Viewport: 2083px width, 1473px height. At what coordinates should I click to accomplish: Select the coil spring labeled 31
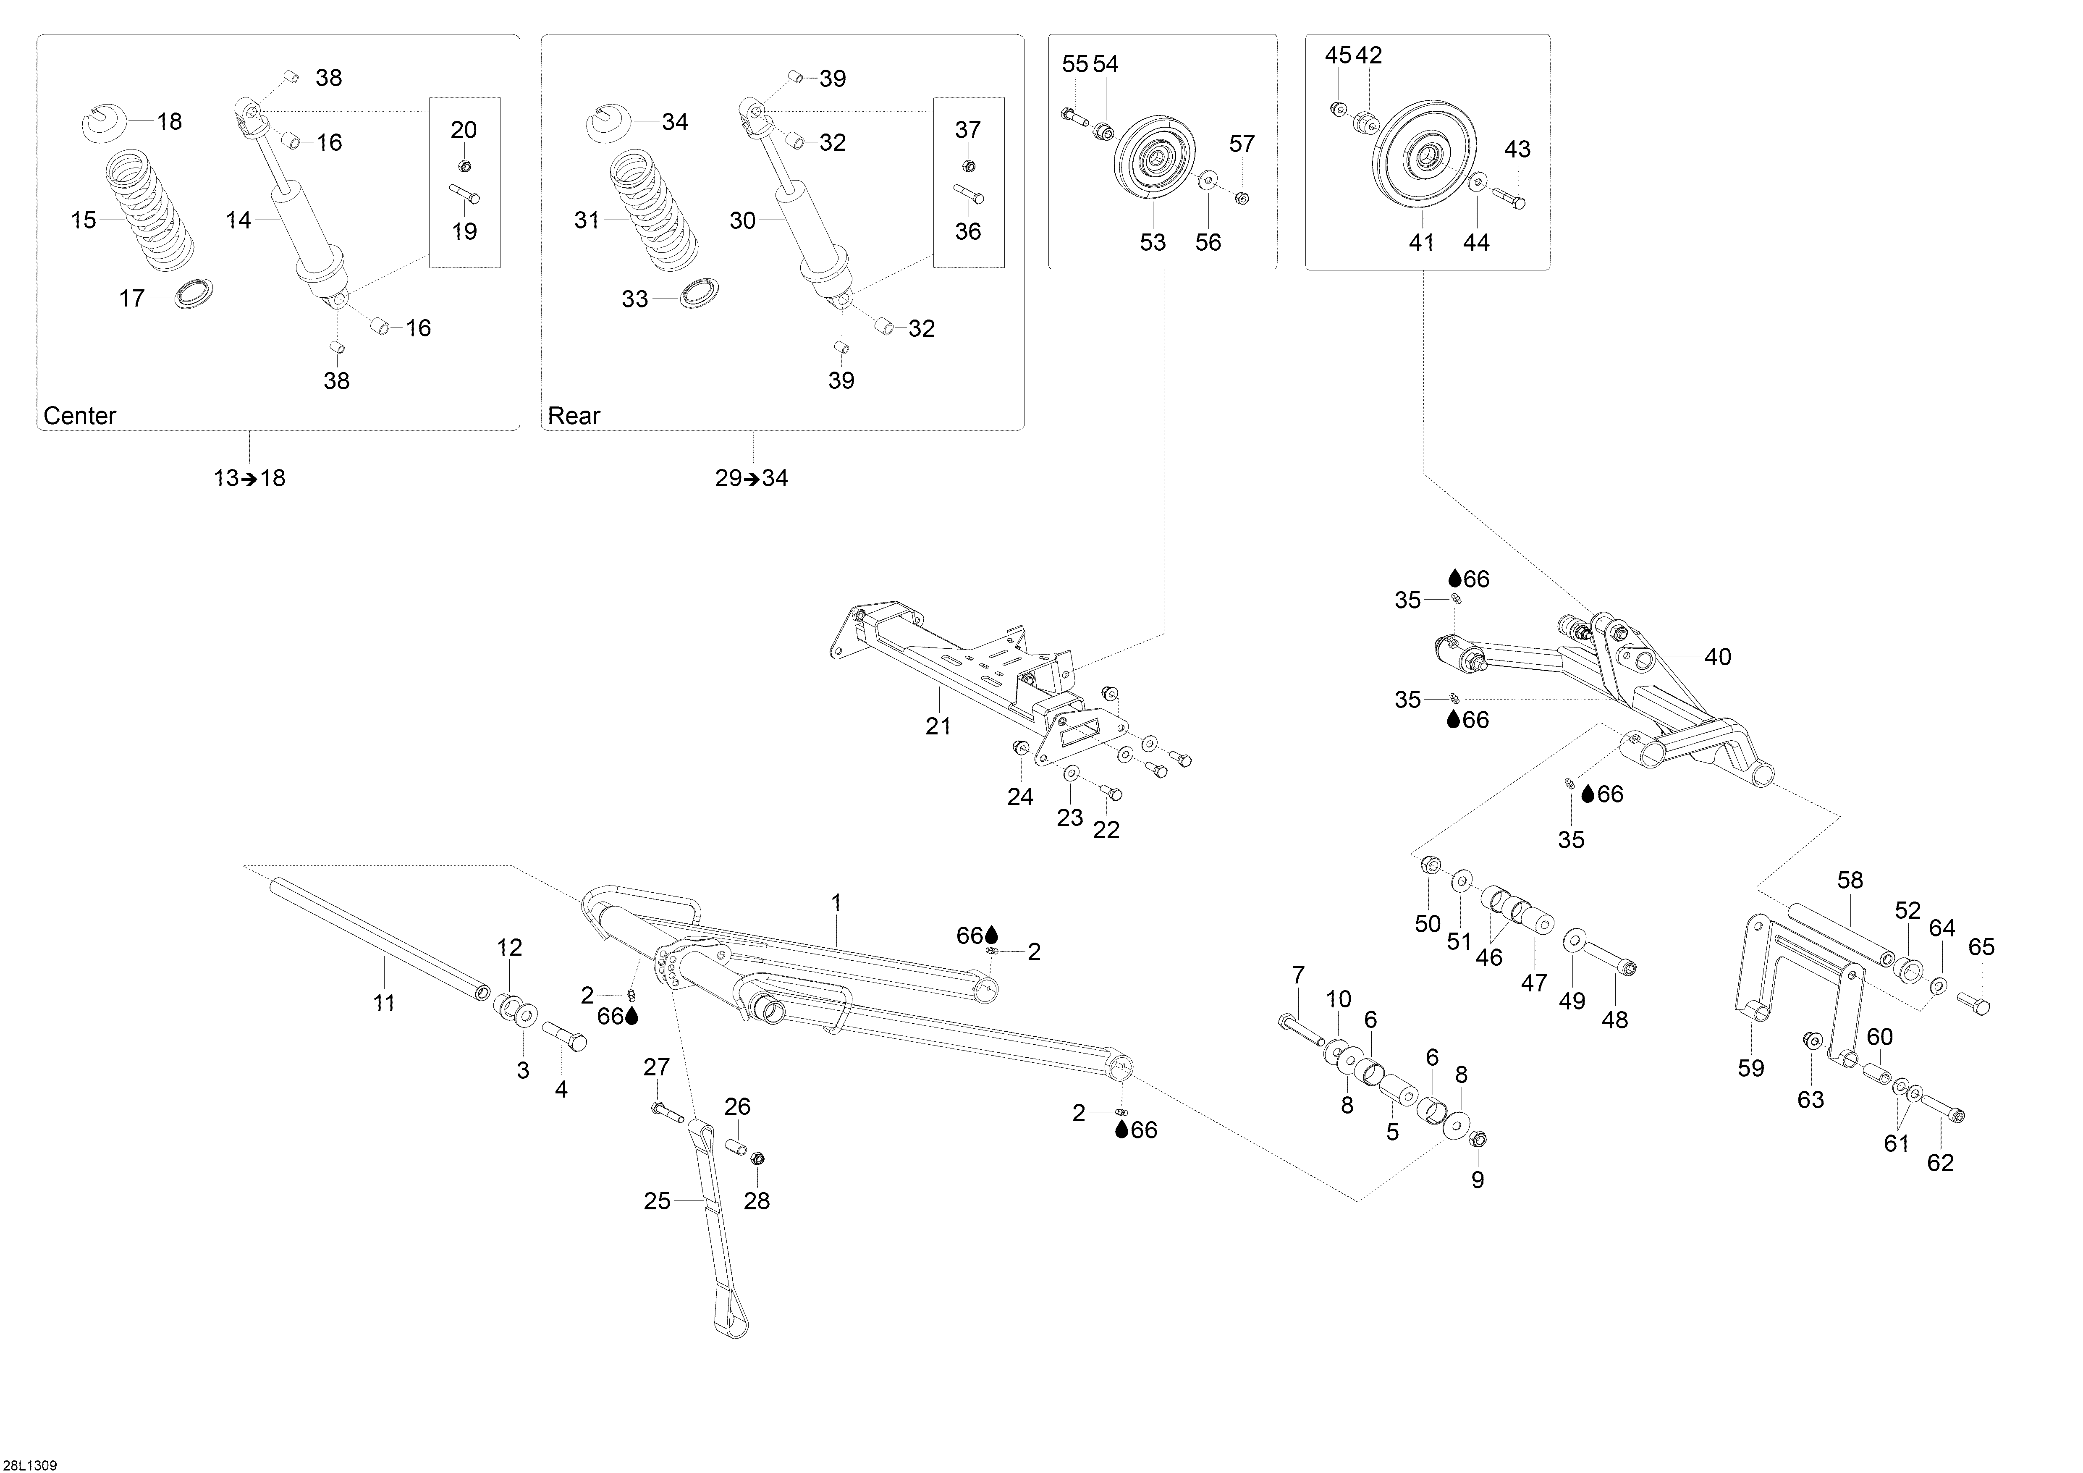[x=653, y=210]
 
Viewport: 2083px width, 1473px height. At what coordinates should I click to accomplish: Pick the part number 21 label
[x=938, y=726]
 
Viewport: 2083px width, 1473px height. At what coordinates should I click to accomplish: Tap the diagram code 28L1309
[x=29, y=1465]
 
